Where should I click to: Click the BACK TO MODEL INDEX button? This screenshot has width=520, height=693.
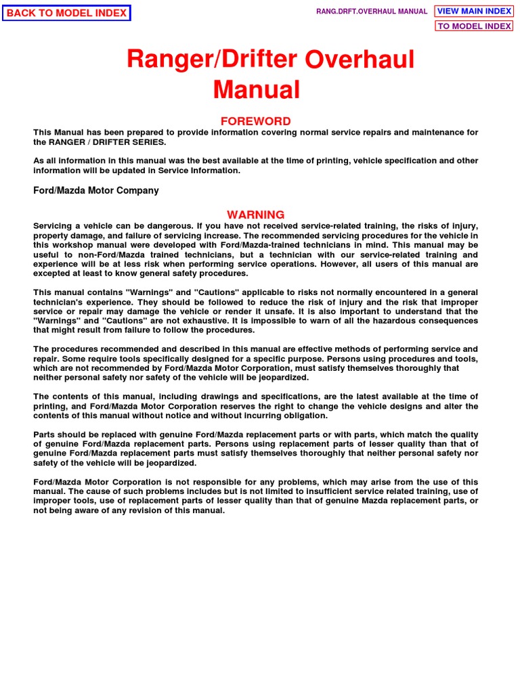click(x=66, y=13)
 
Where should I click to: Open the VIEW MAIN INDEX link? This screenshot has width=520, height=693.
click(x=474, y=11)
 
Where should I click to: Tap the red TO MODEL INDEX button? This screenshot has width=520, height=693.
click(x=474, y=26)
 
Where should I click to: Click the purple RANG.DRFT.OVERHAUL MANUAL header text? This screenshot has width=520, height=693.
click(x=372, y=12)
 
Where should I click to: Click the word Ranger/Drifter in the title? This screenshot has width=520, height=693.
click(x=211, y=60)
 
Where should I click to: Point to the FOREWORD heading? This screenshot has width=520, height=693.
click(x=256, y=121)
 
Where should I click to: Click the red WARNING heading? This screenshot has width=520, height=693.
click(x=256, y=215)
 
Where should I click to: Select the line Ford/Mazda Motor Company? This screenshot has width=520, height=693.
click(x=96, y=191)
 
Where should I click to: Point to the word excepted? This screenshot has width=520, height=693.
click(x=56, y=273)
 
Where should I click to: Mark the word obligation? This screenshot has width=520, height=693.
click(x=305, y=416)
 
